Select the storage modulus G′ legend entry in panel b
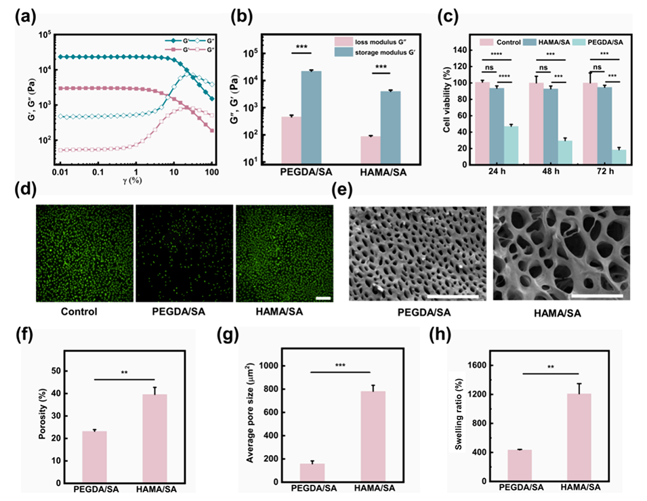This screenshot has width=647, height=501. pyautogui.click(x=379, y=53)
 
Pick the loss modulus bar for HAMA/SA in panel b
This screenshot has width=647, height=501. pyautogui.click(x=370, y=149)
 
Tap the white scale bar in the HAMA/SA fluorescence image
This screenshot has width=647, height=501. pyautogui.click(x=322, y=297)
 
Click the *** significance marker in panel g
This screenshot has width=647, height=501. pyautogui.click(x=341, y=364)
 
